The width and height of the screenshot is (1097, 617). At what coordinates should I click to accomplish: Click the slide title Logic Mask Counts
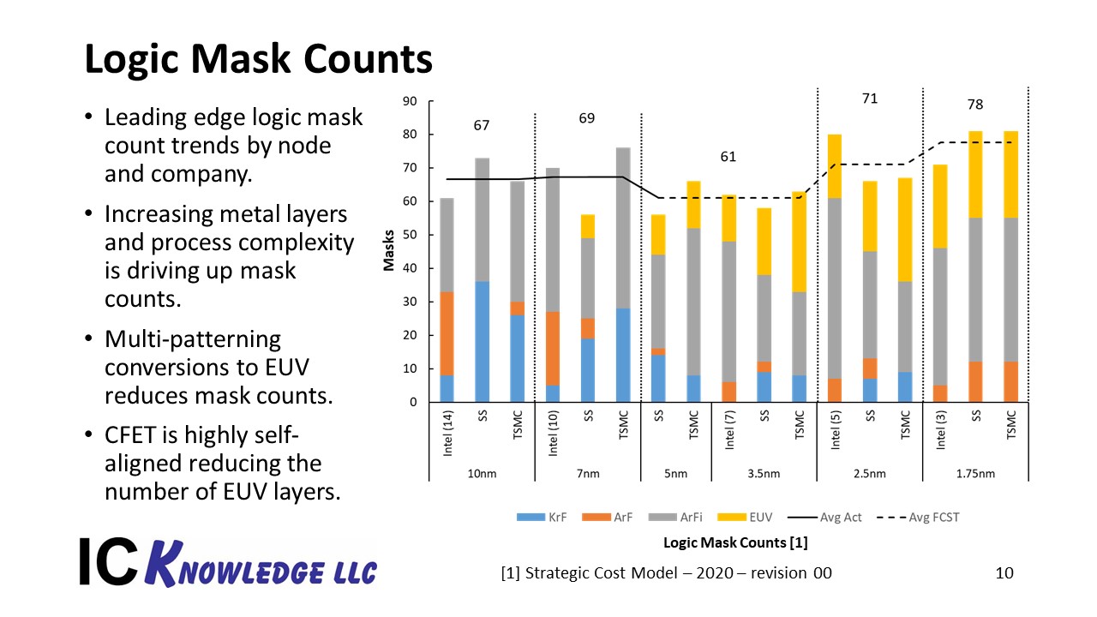(258, 60)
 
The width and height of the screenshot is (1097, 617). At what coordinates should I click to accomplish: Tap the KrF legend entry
(542, 517)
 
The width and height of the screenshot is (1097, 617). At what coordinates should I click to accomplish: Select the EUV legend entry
(745, 517)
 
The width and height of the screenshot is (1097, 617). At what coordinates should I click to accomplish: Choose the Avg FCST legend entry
(918, 517)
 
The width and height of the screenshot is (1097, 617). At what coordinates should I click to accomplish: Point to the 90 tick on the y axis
(410, 101)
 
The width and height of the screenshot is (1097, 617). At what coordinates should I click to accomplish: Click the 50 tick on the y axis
(410, 235)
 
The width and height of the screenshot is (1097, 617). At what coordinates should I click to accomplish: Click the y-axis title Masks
(389, 250)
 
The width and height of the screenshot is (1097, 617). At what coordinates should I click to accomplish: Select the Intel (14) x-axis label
(447, 434)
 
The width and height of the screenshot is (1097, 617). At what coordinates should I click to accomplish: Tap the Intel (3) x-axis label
(941, 430)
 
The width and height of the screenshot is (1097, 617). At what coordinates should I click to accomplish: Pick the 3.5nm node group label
(764, 474)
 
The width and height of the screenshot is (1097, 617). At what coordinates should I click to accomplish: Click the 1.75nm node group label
(975, 474)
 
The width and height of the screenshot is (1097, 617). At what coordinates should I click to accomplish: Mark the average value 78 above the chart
(975, 105)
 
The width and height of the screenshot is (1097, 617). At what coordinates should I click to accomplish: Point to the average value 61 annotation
(728, 157)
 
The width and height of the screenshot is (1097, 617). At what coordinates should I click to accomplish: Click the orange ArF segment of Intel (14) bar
(447, 333)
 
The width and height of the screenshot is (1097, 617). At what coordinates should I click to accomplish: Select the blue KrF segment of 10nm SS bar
(482, 342)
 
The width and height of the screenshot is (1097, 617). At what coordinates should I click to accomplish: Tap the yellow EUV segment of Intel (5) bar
(835, 166)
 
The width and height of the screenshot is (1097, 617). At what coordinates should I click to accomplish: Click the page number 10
(1004, 573)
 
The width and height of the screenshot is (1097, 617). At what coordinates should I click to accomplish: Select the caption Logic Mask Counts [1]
(735, 542)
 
